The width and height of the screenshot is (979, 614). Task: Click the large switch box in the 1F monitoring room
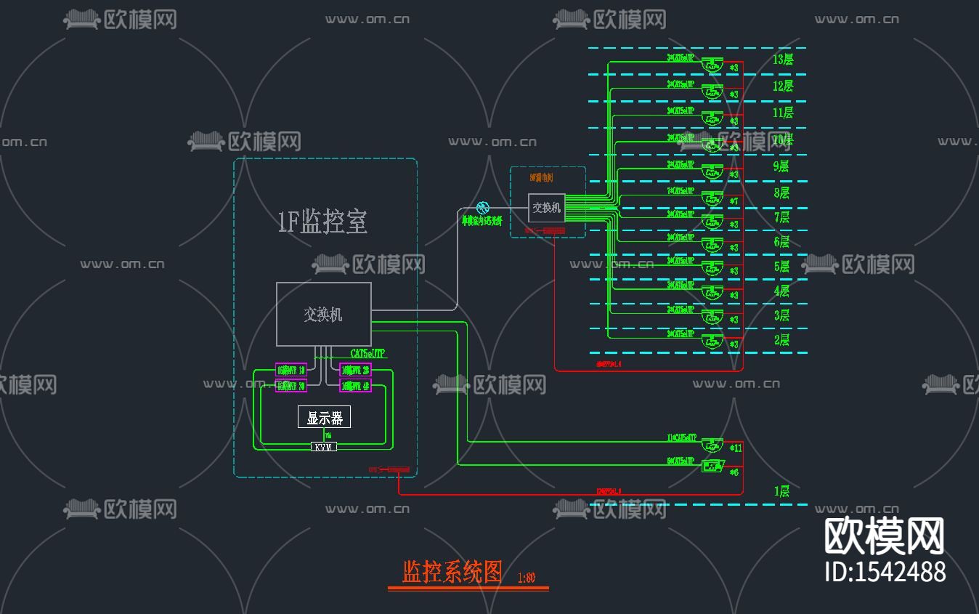click(x=324, y=314)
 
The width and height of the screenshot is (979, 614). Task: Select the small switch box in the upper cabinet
click(x=546, y=208)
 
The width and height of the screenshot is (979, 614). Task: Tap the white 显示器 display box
click(x=324, y=417)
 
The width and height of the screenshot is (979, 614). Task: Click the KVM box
click(x=324, y=447)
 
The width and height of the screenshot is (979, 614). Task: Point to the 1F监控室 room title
click(x=322, y=222)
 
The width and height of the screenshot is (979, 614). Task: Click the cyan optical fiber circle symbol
click(x=482, y=209)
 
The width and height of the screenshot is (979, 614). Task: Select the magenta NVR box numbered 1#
click(x=291, y=370)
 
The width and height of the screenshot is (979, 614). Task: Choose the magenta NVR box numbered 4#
click(x=355, y=386)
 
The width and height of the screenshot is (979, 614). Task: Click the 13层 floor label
click(x=783, y=60)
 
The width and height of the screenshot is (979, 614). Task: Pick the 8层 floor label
click(x=781, y=193)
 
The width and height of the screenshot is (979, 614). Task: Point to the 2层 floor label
click(x=781, y=339)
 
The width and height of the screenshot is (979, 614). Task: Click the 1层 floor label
click(x=781, y=491)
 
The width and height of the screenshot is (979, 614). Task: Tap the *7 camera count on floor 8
click(x=734, y=201)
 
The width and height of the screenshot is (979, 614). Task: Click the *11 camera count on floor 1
click(x=735, y=448)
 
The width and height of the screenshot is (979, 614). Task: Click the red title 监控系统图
click(x=452, y=572)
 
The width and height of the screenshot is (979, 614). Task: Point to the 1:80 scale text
click(x=527, y=578)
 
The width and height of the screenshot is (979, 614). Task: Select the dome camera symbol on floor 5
click(x=712, y=268)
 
